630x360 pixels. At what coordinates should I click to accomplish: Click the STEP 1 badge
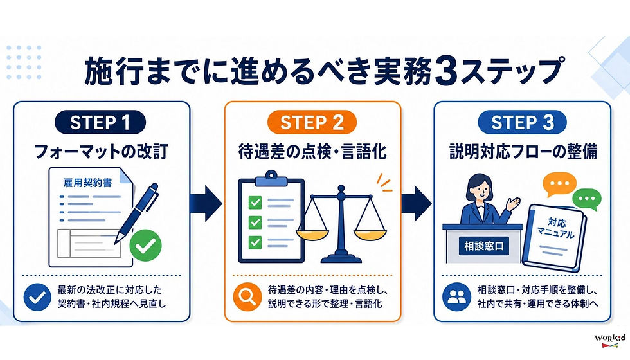[x=100, y=122]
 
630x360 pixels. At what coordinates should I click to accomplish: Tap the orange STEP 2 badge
[x=312, y=122]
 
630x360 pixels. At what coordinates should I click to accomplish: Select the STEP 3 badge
[x=522, y=122]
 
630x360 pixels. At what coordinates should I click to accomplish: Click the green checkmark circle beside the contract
[x=145, y=246]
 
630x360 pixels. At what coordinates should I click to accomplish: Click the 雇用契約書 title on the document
[x=87, y=183]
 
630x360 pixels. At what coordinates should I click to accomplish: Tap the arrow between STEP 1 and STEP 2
[x=206, y=203]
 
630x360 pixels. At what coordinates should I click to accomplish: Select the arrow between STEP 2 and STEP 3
[x=417, y=203]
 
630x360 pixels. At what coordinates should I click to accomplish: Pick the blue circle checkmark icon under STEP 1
[x=37, y=297]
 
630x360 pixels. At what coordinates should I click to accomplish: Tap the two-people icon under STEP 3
[x=456, y=297]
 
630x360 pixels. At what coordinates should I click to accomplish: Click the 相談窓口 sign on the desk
[x=484, y=246]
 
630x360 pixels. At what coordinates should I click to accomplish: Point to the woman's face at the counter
[x=480, y=189]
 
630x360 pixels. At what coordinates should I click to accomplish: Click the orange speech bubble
[x=559, y=184]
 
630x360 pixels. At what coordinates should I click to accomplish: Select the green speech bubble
[x=587, y=199]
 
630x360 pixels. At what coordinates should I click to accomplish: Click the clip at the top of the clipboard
[x=271, y=177]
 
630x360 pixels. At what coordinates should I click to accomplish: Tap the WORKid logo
[x=610, y=340]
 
